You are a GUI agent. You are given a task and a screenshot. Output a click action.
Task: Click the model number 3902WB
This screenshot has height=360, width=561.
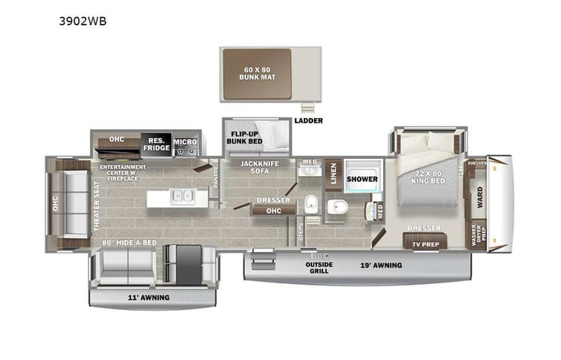coord(82,21)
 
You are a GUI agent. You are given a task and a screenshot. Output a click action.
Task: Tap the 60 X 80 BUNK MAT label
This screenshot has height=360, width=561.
coord(256,74)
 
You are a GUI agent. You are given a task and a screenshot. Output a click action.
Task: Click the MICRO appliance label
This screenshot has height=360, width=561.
coord(184,142)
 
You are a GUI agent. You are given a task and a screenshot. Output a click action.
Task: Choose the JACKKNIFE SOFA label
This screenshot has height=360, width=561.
coord(259,168)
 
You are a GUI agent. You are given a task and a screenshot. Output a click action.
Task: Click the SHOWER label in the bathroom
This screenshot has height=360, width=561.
coord(361,179)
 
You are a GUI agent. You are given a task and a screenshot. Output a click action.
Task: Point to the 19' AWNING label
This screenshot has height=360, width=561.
coord(381,265)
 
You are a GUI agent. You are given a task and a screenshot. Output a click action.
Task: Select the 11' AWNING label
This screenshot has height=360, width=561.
coord(150,297)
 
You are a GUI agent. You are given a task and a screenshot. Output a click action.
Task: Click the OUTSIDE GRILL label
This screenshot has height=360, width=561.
coord(319,268)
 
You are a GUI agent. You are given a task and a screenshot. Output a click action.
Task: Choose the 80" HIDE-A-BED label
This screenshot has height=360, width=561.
coord(130,242)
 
